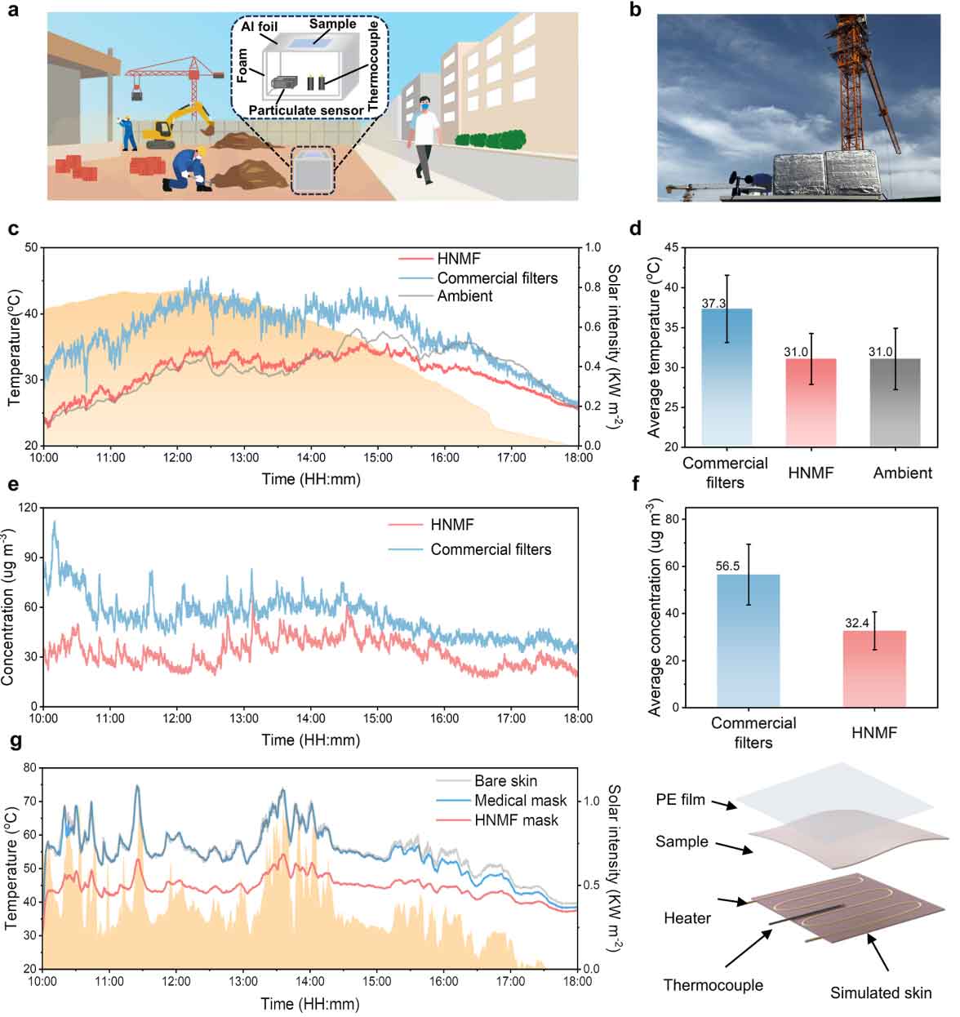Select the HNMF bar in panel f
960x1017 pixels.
coord(874,668)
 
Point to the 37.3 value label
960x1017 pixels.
coord(714,303)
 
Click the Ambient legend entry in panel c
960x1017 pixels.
coord(464,296)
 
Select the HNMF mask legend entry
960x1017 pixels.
coord(516,819)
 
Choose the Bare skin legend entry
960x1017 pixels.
coord(505,781)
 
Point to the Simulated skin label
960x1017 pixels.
coord(881,993)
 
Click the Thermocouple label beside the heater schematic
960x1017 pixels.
coord(713,985)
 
